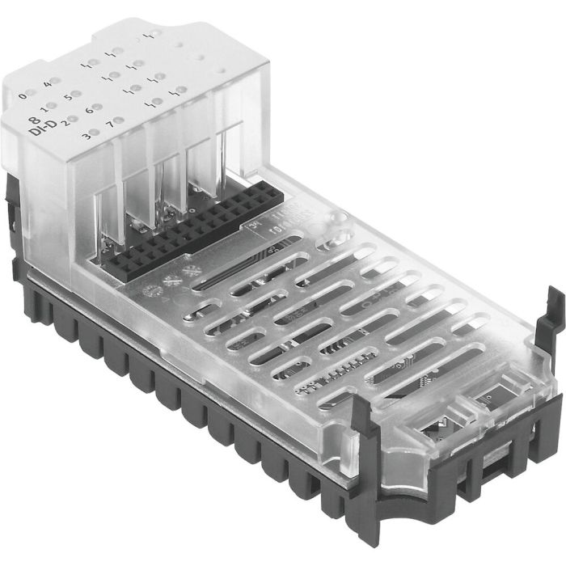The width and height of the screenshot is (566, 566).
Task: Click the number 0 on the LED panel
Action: [x=22, y=97]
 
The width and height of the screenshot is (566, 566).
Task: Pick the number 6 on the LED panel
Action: [x=89, y=109]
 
